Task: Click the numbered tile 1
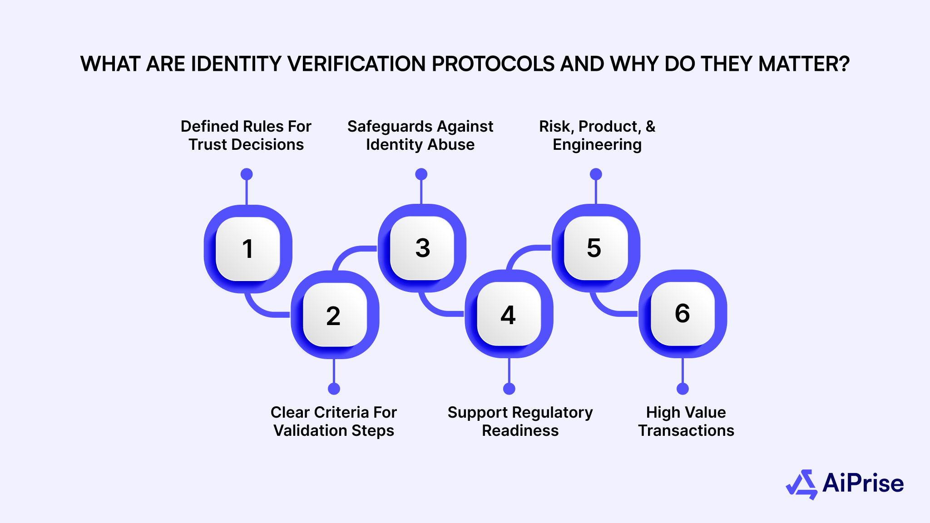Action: (247, 249)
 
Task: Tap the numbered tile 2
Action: (335, 315)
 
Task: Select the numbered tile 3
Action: (422, 248)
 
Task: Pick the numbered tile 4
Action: (509, 314)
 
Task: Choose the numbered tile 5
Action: (595, 248)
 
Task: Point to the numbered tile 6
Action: (683, 313)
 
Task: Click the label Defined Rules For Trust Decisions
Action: (246, 135)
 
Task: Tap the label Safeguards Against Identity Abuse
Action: (420, 135)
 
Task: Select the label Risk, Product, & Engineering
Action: (597, 135)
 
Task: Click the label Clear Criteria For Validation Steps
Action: (334, 421)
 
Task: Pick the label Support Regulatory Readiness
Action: (520, 421)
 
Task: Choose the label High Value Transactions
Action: (686, 421)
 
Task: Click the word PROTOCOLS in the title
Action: (493, 64)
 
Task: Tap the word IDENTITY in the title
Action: (237, 64)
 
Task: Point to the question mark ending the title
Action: (844, 64)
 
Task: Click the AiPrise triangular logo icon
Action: (802, 484)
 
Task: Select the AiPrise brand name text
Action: (863, 483)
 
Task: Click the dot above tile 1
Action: (247, 174)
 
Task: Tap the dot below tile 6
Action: (683, 389)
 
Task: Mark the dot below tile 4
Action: (509, 389)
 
